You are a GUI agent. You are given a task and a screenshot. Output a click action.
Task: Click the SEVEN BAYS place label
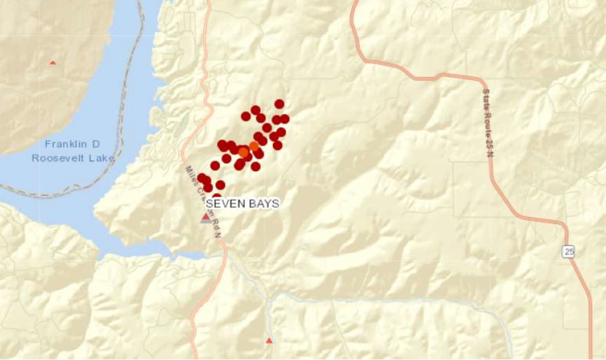coord(242,204)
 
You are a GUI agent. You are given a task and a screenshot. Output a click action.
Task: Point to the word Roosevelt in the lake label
coord(62,158)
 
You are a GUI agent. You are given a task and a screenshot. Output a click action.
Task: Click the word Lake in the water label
coord(103,158)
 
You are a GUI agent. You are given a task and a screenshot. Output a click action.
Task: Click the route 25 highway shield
coord(569,252)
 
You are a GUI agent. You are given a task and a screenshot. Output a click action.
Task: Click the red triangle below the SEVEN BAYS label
coord(206,217)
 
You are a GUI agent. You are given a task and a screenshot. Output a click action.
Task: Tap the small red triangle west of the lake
coord(53,63)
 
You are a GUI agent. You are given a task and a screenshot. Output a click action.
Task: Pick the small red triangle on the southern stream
coord(269,341)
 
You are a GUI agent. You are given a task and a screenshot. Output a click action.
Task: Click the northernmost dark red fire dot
coord(279,104)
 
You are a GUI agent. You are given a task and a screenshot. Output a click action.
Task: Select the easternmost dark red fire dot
coord(284,119)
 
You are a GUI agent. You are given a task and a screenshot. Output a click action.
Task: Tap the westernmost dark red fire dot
coord(202,177)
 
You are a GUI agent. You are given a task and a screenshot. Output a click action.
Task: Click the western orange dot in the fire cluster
coord(243,152)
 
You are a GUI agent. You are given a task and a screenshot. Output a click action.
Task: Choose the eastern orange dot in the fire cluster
coord(254,146)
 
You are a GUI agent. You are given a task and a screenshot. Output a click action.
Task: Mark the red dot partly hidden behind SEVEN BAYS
coord(216,196)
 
